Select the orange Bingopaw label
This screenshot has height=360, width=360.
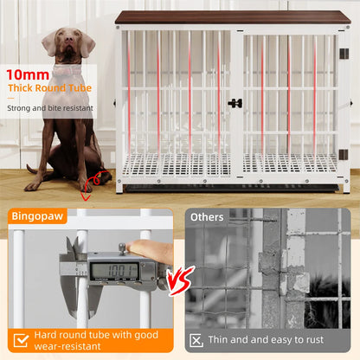(36, 217)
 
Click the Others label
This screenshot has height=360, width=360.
(207, 217)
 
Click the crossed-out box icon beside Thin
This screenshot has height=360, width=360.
(197, 340)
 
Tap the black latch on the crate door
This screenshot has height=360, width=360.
(235, 103)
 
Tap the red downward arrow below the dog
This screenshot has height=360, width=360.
(85, 196)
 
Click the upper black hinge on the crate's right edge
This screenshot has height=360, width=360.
(344, 54)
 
